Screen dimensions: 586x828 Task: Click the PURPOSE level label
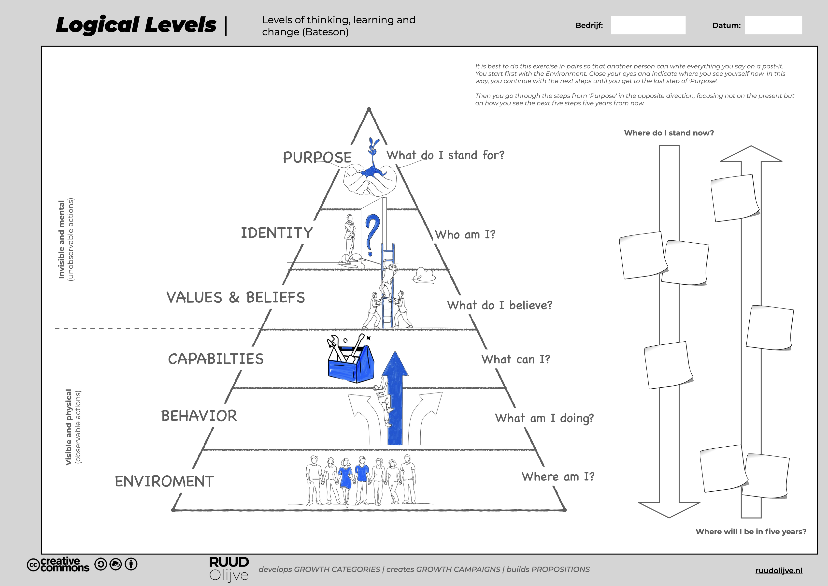click(317, 157)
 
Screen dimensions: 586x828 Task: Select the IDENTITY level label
click(277, 233)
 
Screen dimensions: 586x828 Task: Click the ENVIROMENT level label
click(164, 481)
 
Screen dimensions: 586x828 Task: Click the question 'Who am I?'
click(465, 234)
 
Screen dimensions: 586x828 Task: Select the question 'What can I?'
click(516, 359)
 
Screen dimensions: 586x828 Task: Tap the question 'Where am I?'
click(557, 477)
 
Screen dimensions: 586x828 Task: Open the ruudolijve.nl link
click(779, 571)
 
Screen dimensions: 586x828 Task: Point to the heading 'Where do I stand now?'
click(669, 133)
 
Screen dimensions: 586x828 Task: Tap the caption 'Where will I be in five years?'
click(750, 531)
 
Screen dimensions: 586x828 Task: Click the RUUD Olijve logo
click(229, 569)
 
